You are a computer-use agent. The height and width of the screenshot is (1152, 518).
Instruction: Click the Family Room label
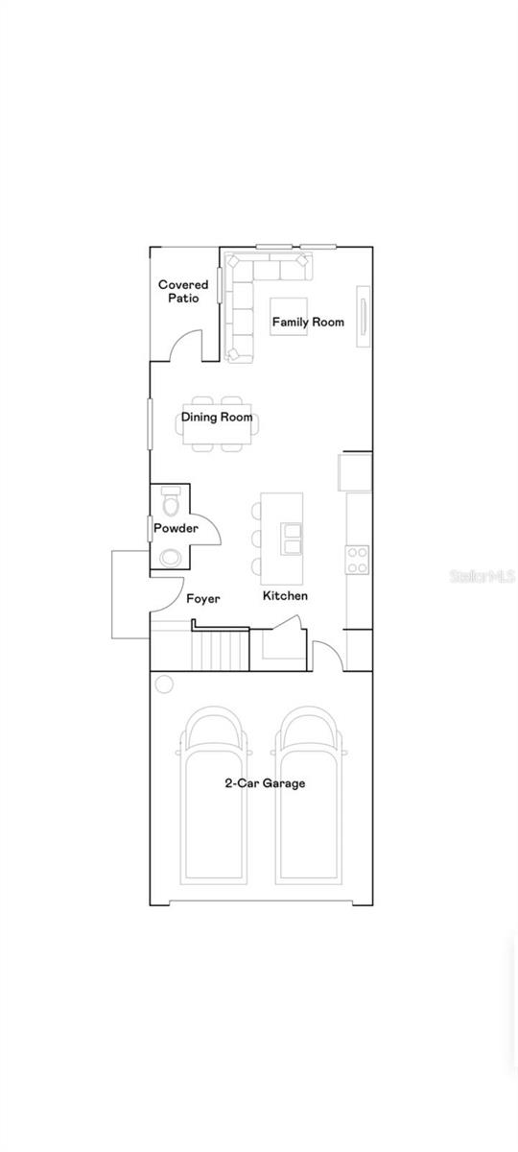(308, 322)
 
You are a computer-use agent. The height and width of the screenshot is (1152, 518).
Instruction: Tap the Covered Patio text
(183, 291)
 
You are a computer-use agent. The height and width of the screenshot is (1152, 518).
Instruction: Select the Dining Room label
(217, 417)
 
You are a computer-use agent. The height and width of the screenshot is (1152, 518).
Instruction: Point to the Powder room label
(176, 528)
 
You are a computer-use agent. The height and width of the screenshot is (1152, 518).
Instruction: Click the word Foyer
(203, 599)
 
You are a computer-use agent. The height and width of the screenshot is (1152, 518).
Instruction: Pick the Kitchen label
(285, 595)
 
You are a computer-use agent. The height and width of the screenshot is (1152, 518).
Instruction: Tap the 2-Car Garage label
(265, 783)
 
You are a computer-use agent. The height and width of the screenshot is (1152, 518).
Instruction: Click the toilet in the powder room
(171, 500)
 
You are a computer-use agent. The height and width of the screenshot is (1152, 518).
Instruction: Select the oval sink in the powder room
(170, 558)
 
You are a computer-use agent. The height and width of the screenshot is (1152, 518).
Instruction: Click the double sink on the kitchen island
(291, 539)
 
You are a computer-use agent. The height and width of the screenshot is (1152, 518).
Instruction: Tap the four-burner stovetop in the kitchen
(357, 560)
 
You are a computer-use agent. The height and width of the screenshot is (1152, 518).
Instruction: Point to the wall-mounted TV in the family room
(364, 317)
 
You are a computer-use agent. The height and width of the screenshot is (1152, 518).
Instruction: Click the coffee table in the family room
(289, 317)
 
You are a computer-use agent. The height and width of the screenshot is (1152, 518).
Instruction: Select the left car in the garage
(214, 796)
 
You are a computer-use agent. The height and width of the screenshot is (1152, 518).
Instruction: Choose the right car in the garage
(309, 796)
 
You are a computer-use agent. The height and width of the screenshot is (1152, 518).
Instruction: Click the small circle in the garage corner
(164, 684)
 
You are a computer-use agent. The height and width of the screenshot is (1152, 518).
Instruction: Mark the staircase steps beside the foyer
(221, 651)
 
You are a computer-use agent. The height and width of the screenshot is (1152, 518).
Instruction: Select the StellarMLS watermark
(482, 576)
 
